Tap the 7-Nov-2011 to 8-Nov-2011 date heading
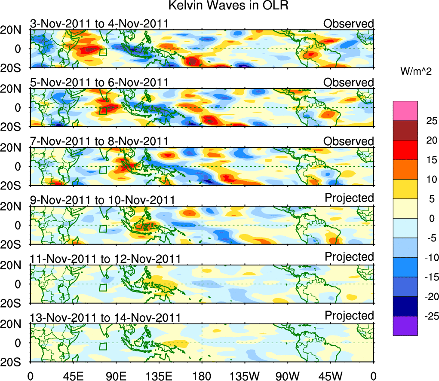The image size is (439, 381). [x=99, y=141]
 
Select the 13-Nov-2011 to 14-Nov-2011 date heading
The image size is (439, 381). [x=105, y=317]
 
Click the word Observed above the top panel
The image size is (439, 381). [x=349, y=23]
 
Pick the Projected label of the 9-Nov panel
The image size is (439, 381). [x=349, y=198]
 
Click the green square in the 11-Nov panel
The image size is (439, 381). [x=103, y=287]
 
